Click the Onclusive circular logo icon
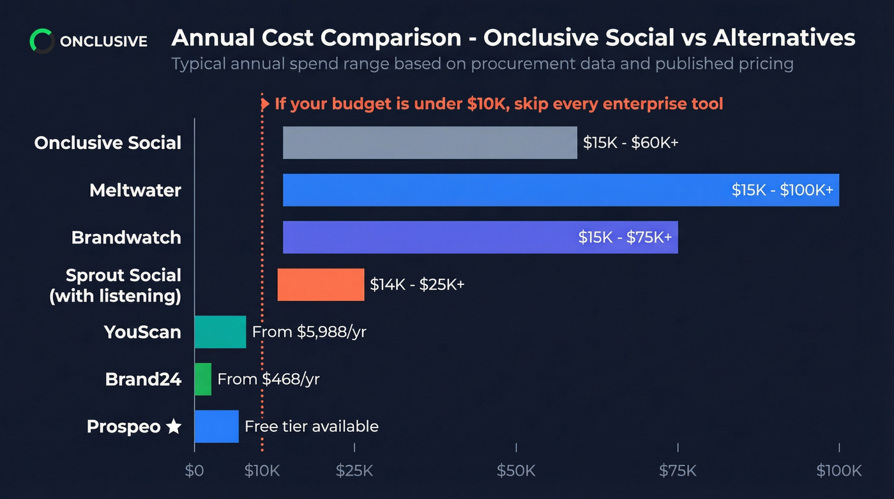click(42, 42)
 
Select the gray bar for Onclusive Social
click(430, 142)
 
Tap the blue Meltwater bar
click(504, 190)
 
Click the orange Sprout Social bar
click(321, 284)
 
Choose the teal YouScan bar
click(220, 332)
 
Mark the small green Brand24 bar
click(202, 379)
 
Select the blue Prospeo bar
click(216, 426)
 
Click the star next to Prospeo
click(174, 427)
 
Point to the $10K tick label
click(262, 472)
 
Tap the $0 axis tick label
click(194, 472)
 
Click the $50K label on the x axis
click(516, 472)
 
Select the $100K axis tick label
click(838, 472)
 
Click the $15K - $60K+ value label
click(630, 142)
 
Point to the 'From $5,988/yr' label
click(309, 332)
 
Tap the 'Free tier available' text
click(312, 426)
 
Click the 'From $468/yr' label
click(268, 379)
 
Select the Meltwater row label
click(135, 190)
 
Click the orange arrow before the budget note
click(264, 104)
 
